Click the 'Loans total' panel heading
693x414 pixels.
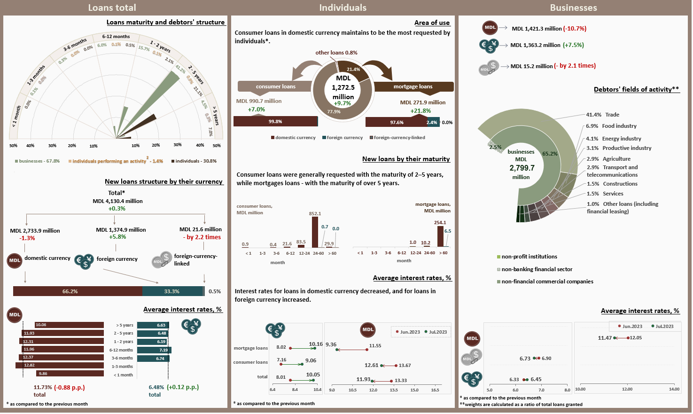pos(112,8)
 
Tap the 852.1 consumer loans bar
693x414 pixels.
pos(315,232)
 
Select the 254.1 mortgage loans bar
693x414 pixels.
pos(440,236)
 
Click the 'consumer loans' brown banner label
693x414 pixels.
pos(275,86)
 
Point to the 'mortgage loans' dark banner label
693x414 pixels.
pos(413,86)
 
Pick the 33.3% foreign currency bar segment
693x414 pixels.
pos(172,291)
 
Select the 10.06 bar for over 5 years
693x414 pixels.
pos(69,325)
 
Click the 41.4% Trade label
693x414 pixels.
pos(603,115)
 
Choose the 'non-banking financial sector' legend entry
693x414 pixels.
pos(537,269)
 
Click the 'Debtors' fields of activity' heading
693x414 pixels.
pos(636,89)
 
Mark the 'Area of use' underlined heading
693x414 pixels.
pos(432,23)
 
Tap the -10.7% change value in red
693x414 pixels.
pos(575,29)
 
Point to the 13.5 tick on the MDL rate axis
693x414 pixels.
pos(394,390)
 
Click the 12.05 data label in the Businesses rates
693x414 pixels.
pos(636,338)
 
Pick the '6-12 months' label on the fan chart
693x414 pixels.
pos(116,37)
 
